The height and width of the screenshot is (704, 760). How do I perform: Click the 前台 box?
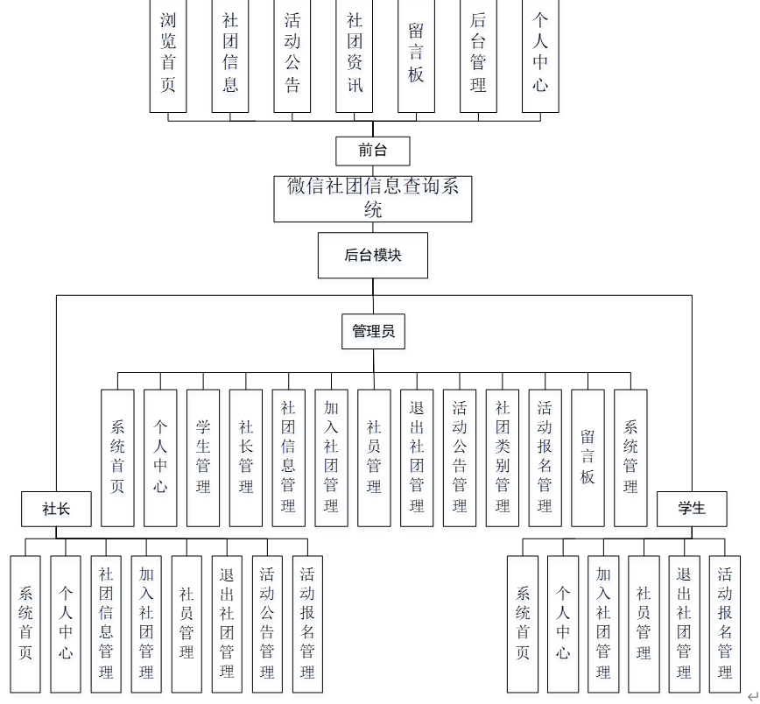coord(373,150)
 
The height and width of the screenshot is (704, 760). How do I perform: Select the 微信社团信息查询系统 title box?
coord(373,198)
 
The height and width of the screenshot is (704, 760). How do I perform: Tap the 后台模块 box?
coord(373,255)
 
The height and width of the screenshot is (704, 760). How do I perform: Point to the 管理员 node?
coord(373,331)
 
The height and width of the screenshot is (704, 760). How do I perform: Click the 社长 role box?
coord(56,509)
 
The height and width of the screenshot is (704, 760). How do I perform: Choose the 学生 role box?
coord(692,509)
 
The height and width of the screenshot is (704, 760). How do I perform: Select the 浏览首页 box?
coord(168,54)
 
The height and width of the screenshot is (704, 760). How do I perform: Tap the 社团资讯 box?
coord(355,54)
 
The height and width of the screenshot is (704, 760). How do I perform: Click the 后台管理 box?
coord(478,54)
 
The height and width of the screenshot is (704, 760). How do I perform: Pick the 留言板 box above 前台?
coord(416,54)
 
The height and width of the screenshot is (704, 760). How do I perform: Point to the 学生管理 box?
coord(203,457)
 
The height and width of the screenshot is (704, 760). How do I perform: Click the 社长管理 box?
coord(246,457)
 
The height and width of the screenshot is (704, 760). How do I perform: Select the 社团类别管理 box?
coord(503,457)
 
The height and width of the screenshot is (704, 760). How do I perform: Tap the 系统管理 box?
coord(630,457)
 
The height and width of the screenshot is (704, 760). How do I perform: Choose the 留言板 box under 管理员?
coord(588,457)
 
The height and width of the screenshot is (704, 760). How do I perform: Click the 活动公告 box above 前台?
coord(292,54)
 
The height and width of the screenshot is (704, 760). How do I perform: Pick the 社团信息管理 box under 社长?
coord(106,623)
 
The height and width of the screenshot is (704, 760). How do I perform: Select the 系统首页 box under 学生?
coord(523,623)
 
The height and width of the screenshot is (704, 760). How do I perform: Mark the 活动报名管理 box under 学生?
coord(725,623)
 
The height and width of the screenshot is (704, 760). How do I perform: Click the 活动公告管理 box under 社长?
coord(267,623)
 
